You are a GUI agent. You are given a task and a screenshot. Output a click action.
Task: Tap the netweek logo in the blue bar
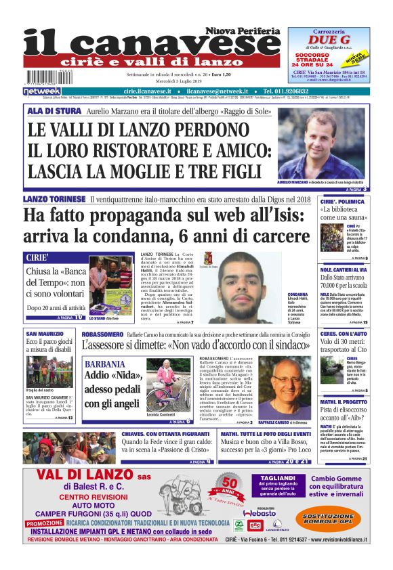point(43,91)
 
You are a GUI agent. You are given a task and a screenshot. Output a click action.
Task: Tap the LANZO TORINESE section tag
point(54,199)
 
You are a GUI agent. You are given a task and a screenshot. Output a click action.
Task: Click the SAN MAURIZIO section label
point(46,334)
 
